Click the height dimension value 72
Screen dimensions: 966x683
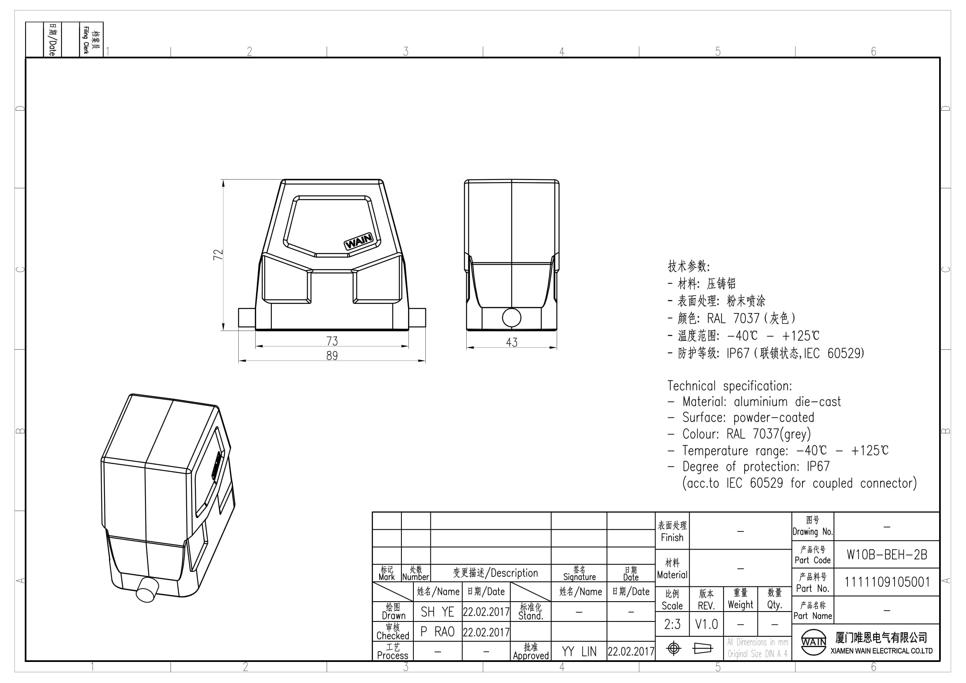click(x=218, y=254)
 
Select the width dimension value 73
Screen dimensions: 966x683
click(x=332, y=341)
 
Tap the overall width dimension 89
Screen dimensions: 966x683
click(x=332, y=356)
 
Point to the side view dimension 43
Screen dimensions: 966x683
click(x=512, y=342)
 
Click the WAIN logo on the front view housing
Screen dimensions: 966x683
click(x=359, y=242)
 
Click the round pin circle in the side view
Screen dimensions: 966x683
click(x=512, y=318)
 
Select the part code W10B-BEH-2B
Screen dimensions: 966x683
click(x=887, y=555)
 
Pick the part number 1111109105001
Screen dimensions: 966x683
click(x=887, y=582)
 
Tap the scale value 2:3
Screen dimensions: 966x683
click(x=672, y=624)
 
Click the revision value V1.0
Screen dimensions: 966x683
click(x=706, y=624)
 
